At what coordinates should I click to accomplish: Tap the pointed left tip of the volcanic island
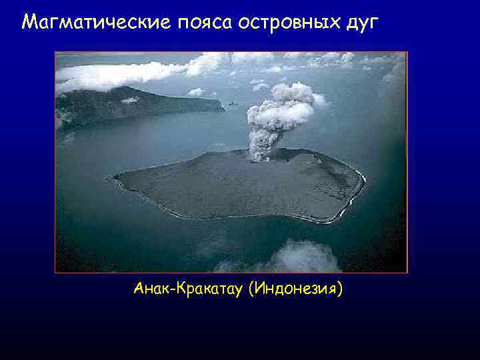tap(109, 178)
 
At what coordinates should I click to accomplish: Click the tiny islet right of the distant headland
tap(232, 103)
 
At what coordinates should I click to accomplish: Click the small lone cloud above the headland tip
tap(197, 92)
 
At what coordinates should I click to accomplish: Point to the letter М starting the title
tap(29, 23)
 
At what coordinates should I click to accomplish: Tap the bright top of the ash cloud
tap(293, 93)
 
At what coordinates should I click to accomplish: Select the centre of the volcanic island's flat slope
tap(233, 187)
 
